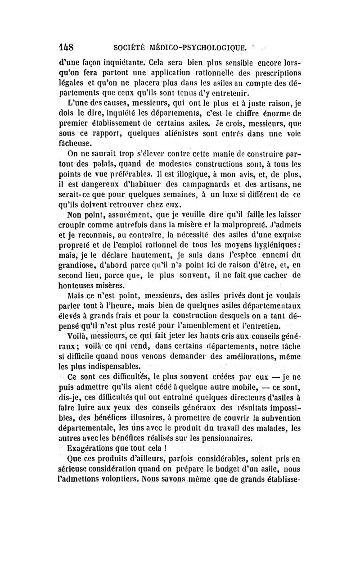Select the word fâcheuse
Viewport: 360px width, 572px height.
click(x=76, y=144)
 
